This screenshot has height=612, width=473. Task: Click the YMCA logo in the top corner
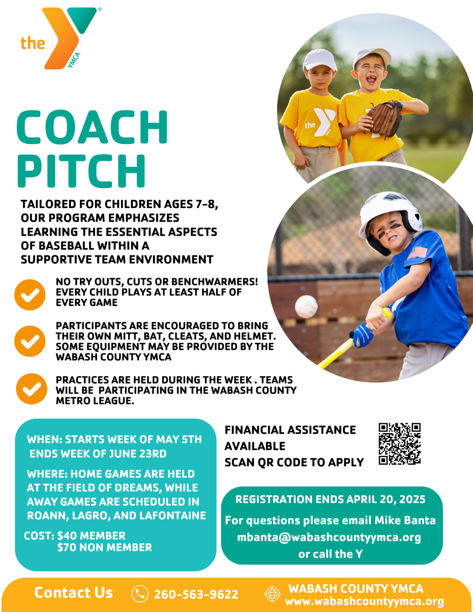tap(60, 38)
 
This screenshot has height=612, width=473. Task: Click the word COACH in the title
tap(92, 127)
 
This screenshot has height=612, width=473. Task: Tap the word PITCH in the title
tap(81, 171)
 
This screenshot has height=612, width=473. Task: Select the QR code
tap(400, 444)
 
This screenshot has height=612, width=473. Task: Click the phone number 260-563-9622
tap(196, 594)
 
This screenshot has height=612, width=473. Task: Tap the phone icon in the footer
tap(140, 594)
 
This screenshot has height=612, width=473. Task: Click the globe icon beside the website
tap(272, 594)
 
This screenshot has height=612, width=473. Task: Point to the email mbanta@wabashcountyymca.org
tap(329, 537)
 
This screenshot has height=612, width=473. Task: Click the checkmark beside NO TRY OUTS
tap(30, 295)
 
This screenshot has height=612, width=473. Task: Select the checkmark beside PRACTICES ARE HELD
tap(31, 389)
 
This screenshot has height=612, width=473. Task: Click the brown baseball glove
tap(385, 119)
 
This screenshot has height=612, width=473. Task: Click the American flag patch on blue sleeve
tap(417, 252)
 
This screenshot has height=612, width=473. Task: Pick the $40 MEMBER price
tap(91, 535)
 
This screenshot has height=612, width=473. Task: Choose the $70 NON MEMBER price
tap(104, 547)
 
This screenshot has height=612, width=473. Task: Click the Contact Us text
tap(73, 592)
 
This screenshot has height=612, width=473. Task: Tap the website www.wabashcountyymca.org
tap(365, 602)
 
